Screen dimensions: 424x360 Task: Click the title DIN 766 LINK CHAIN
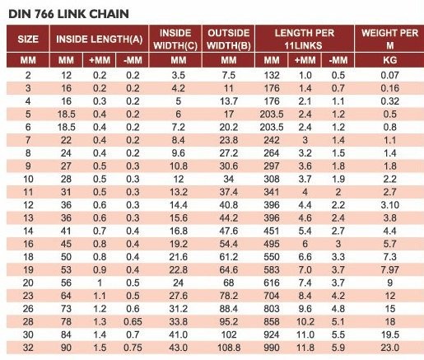click(68, 14)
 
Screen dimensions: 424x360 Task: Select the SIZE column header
click(28, 39)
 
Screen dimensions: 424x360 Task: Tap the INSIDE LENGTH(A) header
click(99, 39)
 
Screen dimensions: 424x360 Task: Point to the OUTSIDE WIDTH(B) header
click(229, 39)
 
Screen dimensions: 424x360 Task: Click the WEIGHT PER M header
click(389, 39)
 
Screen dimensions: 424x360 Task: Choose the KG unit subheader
click(389, 60)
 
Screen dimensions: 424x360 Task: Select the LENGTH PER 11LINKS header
click(305, 39)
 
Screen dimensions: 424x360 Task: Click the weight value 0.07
click(389, 75)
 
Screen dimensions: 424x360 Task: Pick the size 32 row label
click(28, 348)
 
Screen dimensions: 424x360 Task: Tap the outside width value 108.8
click(229, 348)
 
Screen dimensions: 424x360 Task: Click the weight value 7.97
click(389, 269)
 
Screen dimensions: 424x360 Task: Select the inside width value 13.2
click(179, 192)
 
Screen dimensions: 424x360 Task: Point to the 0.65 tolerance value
click(133, 321)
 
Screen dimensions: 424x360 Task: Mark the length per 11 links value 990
click(272, 348)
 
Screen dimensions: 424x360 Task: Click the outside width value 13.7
click(229, 101)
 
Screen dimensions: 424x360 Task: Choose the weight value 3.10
click(389, 205)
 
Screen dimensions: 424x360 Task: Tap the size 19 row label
click(28, 269)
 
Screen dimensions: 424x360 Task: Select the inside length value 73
click(66, 309)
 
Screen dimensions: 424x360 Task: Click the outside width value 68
click(229, 283)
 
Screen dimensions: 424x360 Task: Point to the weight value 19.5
click(389, 334)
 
